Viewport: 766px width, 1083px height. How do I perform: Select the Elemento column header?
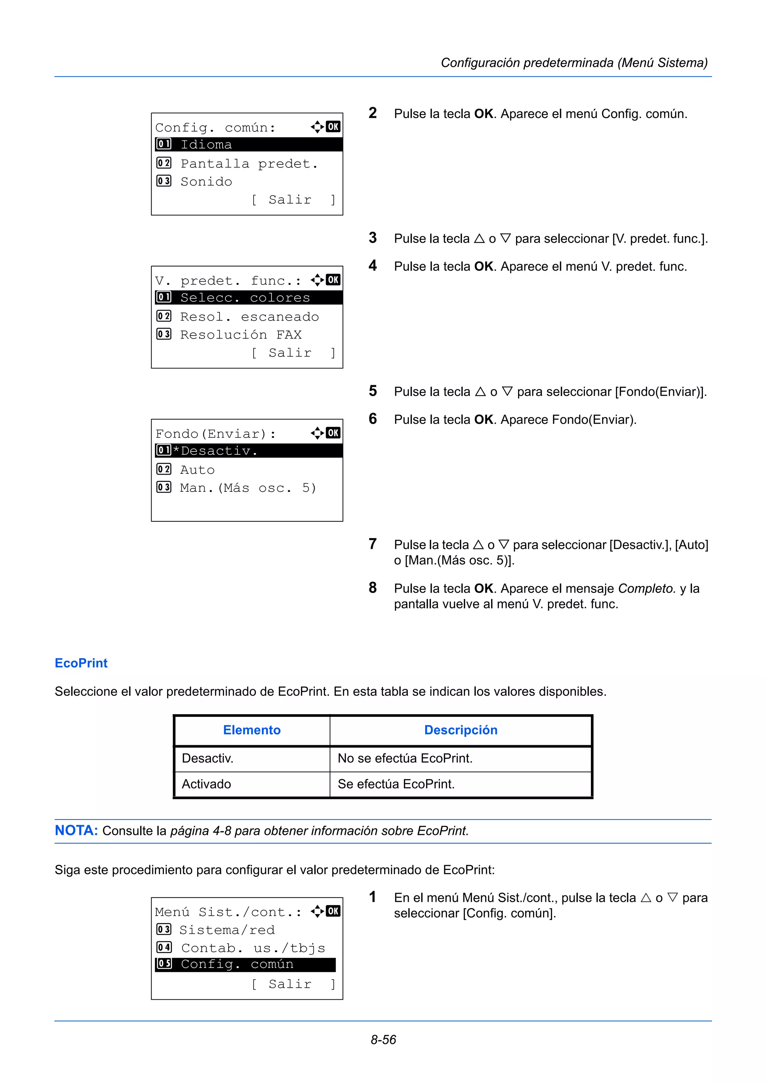252,730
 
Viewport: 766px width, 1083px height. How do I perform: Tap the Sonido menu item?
206,182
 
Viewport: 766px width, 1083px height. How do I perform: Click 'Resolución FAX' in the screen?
241,334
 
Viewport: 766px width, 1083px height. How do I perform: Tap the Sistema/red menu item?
227,930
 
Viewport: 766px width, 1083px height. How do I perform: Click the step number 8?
373,588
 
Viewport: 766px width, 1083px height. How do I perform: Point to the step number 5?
373,391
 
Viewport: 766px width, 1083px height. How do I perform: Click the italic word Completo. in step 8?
647,588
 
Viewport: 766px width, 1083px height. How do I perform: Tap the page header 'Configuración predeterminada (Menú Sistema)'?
574,63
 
